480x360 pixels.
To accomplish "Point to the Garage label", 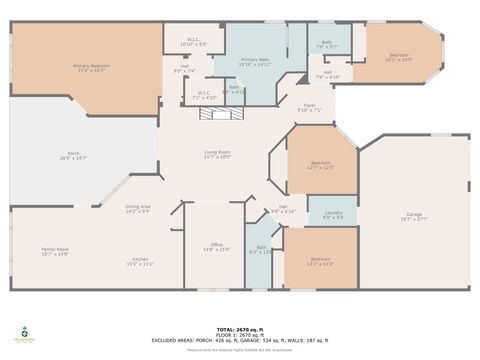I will click(x=414, y=215).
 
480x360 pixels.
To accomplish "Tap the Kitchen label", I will click(x=139, y=262).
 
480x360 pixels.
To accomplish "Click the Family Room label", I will click(x=55, y=251).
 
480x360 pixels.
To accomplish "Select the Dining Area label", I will click(x=138, y=209).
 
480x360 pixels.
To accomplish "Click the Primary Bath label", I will click(x=254, y=62).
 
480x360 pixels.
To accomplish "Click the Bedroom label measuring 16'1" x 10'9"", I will click(x=398, y=57).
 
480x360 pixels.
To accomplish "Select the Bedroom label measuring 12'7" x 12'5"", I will click(x=320, y=164).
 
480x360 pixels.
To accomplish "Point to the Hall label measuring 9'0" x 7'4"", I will click(x=184, y=69).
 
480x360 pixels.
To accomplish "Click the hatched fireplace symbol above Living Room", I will click(x=220, y=114).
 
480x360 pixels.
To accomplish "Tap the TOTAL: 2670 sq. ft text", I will click(x=240, y=326).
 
